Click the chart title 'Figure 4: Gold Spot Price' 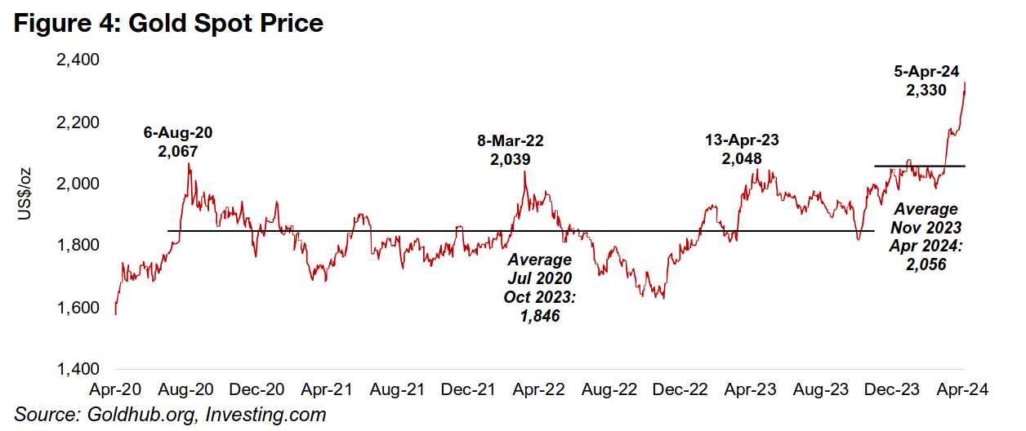click(x=169, y=24)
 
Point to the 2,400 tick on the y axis click(x=78, y=60)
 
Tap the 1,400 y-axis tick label click(x=78, y=370)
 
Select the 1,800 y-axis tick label click(x=78, y=246)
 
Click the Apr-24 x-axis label click(x=964, y=390)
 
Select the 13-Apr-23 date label click(x=742, y=140)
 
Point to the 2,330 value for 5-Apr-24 click(x=926, y=91)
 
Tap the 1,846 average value click(x=539, y=316)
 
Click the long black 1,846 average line click(x=408, y=231)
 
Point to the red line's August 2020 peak click(x=190, y=164)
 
